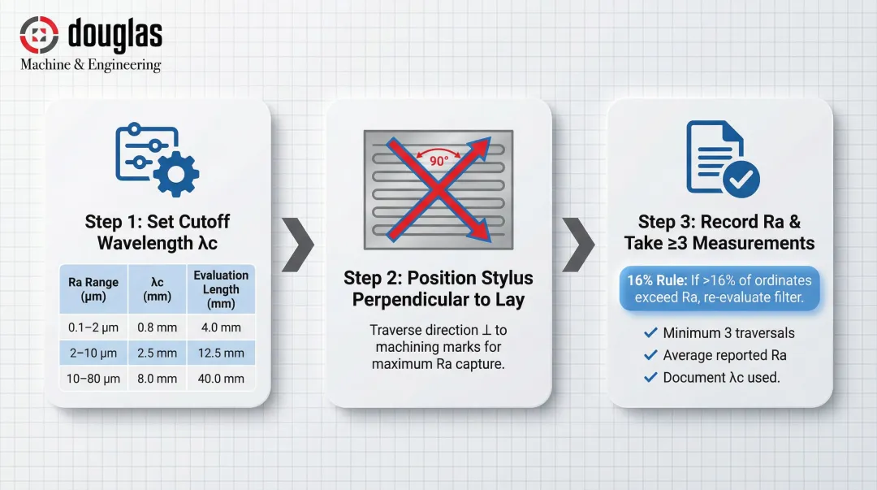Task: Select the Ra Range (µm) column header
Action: tap(93, 288)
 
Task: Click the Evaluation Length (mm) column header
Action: tap(221, 288)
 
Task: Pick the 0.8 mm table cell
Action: tap(158, 327)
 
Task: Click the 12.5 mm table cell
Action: tap(221, 353)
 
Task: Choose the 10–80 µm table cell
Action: tap(93, 378)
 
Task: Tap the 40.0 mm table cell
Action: tap(221, 378)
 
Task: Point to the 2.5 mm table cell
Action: tap(158, 353)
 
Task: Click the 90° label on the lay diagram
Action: tap(438, 161)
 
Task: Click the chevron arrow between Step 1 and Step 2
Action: tap(297, 244)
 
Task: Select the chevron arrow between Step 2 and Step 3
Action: tap(578, 244)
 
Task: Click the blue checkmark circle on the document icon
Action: tap(741, 180)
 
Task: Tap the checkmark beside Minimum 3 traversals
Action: tap(650, 333)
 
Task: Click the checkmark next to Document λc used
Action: tap(650, 377)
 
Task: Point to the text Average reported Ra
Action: tap(724, 355)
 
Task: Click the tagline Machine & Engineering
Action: tap(91, 65)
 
